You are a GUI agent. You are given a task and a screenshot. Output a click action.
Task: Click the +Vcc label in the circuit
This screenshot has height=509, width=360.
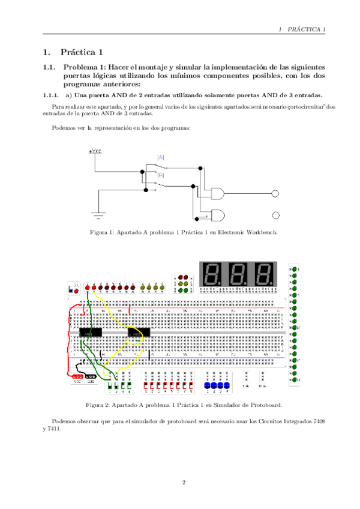coord(95,151)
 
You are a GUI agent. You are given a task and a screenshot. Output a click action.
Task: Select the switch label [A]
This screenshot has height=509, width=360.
coord(161,157)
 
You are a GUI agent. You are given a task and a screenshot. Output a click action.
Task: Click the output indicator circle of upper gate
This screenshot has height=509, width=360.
coord(275,194)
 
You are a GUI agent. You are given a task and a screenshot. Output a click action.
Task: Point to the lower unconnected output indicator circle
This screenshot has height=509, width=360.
coord(275,215)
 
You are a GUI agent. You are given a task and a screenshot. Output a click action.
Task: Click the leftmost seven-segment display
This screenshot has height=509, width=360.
coord(211,274)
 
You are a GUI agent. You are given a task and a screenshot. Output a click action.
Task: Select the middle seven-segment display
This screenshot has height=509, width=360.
coord(238,274)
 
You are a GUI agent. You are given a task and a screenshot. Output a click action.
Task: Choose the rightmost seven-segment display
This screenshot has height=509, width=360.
coord(265,274)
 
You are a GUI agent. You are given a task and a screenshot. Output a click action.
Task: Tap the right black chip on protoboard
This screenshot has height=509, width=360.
coord(139,331)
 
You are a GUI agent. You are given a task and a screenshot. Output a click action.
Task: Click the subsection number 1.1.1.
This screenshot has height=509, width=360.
coord(50,95)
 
